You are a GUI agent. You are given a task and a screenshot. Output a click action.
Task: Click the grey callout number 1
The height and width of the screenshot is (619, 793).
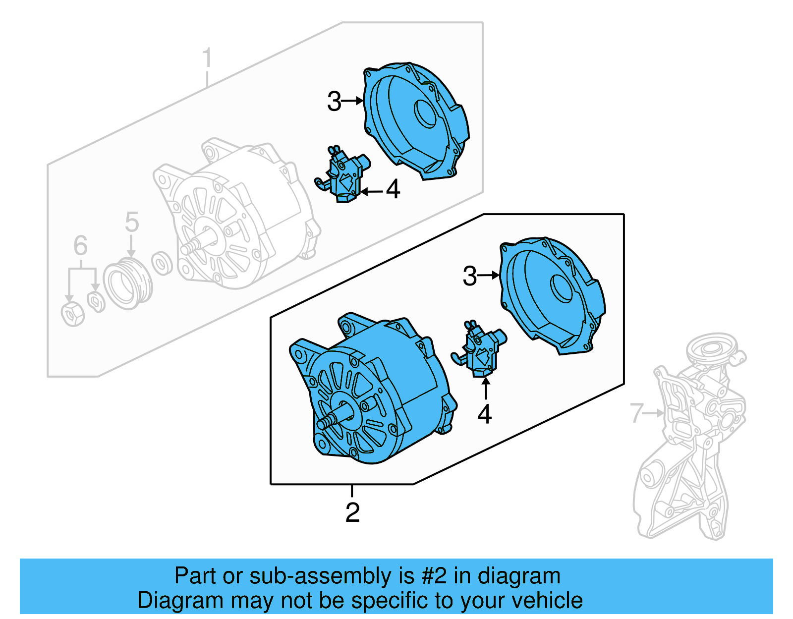click(x=207, y=58)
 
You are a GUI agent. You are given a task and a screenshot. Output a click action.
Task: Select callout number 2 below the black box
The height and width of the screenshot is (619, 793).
click(x=352, y=512)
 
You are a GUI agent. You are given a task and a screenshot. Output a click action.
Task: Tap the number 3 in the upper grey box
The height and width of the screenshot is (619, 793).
click(x=334, y=102)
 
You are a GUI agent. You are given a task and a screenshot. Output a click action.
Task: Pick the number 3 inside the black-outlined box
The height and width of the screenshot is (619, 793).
click(x=469, y=276)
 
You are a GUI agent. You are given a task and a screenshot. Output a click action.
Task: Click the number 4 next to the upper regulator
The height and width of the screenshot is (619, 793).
click(x=393, y=189)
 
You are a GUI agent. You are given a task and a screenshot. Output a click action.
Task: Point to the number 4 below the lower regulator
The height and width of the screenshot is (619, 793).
click(x=484, y=414)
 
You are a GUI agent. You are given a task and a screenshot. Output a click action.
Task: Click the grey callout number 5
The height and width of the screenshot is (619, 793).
click(x=131, y=222)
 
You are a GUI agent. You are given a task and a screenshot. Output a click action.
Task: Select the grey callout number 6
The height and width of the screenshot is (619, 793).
click(x=80, y=246)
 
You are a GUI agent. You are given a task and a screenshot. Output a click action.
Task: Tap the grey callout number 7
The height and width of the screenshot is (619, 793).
click(x=637, y=413)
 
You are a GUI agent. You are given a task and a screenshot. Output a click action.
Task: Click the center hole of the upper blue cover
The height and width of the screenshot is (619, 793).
click(x=425, y=114)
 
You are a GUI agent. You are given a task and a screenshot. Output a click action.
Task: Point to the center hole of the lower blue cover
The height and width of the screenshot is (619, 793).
click(x=562, y=288)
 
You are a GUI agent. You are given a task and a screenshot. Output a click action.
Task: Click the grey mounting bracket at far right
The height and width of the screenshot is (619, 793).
click(x=689, y=446)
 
